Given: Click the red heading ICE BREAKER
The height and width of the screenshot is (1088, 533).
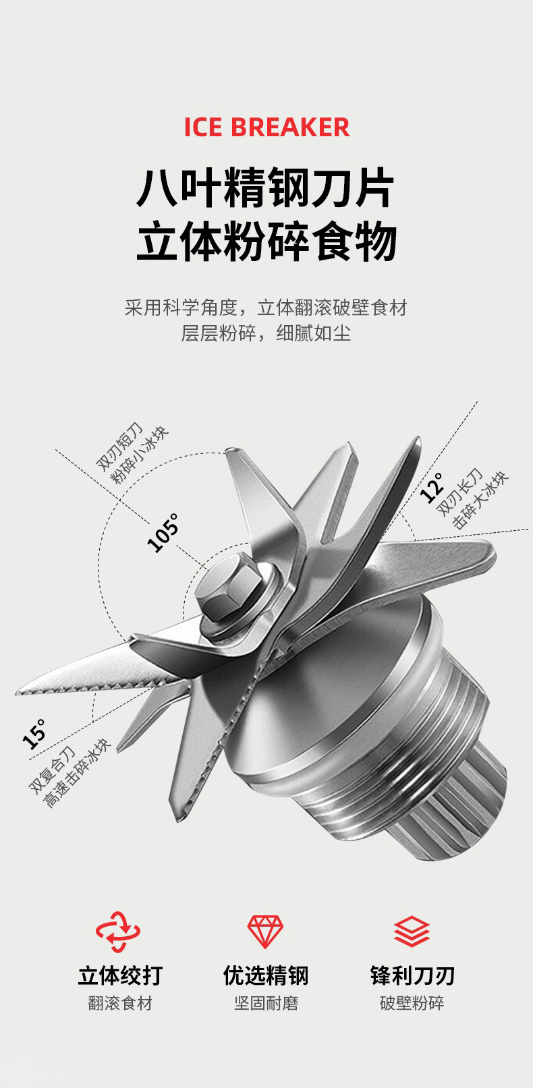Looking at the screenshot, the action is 266,127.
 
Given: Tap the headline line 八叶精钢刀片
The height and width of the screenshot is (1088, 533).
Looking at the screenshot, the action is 266,188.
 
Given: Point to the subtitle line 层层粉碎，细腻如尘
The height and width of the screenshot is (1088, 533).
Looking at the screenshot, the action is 266,333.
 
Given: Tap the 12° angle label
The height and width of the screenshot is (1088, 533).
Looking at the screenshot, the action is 431,487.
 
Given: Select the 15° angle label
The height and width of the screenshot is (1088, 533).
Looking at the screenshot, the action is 34,734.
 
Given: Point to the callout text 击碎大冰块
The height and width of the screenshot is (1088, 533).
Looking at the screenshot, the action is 480,500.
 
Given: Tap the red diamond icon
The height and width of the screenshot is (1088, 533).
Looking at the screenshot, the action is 265,932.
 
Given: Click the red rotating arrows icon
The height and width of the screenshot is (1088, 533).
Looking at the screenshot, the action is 119,932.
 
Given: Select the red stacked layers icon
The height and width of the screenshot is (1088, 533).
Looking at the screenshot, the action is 412,932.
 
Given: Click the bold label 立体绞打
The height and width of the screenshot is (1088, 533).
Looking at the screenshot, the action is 120,975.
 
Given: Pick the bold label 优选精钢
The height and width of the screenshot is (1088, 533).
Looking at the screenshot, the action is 266,975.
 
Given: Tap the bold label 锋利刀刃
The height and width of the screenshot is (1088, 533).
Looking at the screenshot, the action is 412,975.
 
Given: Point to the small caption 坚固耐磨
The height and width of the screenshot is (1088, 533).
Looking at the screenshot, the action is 266,1003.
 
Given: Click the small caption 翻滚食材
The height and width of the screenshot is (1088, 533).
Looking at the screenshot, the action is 120,1003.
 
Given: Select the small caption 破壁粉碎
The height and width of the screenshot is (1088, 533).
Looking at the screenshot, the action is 412,1003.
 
